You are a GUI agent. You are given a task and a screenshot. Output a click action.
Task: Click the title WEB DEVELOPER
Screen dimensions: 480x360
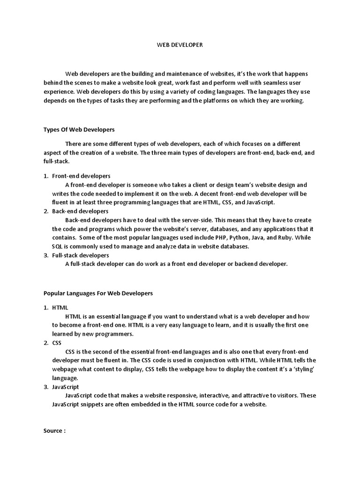coord(180,45)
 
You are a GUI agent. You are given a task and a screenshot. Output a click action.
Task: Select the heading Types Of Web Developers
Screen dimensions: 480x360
coord(79,129)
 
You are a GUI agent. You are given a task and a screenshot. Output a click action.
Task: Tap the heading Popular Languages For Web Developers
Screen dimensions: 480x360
coord(98,293)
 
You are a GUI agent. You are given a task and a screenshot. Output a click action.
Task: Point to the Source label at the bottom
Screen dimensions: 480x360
coord(54,431)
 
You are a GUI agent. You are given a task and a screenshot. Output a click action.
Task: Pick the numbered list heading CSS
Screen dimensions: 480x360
coord(57,343)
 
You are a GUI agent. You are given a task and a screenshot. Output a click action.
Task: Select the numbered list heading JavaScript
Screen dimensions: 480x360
coord(65,387)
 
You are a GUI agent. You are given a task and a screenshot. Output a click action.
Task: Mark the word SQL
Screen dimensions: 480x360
coord(57,247)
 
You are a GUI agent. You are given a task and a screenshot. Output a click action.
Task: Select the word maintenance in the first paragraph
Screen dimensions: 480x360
coord(175,74)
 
